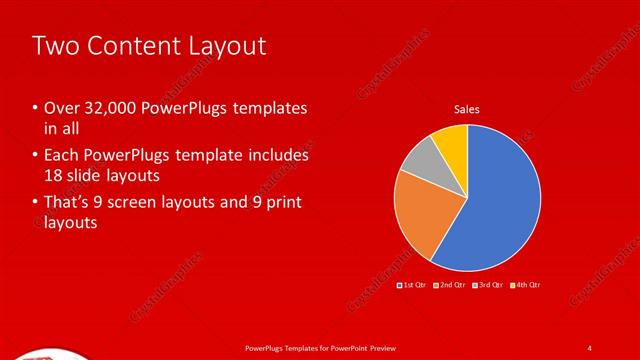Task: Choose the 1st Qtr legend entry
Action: click(414, 286)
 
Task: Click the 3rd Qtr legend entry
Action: click(490, 286)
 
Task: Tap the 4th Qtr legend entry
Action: click(527, 286)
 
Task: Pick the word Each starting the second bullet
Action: click(59, 156)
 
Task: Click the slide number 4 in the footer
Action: click(590, 347)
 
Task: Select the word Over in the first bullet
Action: click(60, 108)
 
